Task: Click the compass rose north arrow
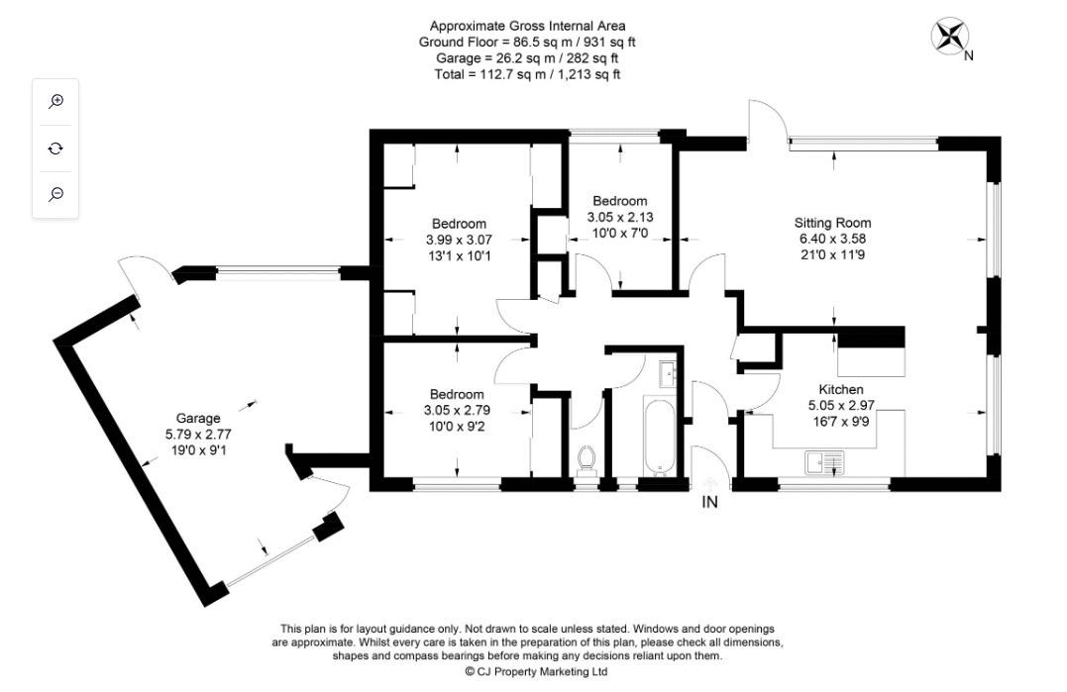(949, 38)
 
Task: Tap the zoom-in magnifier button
(56, 101)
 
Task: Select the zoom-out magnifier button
(56, 194)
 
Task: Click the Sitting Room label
(832, 223)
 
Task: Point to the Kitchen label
(840, 389)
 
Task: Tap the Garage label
(198, 418)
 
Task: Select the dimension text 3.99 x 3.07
(459, 240)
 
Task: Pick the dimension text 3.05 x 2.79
(457, 411)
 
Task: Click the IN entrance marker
(709, 502)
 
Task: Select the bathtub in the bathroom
(657, 436)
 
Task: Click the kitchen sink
(824, 461)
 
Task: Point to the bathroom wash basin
(667, 373)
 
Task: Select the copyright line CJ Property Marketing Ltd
(536, 671)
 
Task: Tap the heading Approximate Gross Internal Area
(527, 26)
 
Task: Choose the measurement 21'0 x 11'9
(832, 254)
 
